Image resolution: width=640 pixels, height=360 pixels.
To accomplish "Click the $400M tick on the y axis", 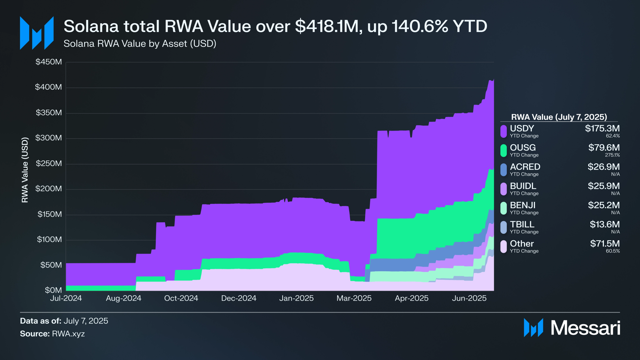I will [x=48, y=87].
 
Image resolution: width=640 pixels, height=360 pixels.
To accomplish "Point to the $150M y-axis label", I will [x=49, y=214].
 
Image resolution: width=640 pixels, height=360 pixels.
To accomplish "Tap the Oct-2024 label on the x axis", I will [x=181, y=298].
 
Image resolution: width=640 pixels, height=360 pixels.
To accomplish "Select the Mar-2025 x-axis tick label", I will [x=354, y=298].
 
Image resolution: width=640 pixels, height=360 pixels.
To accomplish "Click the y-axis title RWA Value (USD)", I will [x=25, y=170].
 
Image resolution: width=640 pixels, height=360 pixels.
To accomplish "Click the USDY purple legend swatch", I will [x=503, y=131].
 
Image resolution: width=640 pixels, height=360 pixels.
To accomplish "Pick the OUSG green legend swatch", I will [x=503, y=151].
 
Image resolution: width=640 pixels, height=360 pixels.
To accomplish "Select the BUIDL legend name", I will [x=523, y=186].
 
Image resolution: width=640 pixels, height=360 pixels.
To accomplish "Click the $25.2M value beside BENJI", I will [x=604, y=205].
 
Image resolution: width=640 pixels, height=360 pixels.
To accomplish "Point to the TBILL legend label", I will [x=522, y=224].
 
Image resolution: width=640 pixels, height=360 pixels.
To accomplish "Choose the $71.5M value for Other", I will [x=604, y=243].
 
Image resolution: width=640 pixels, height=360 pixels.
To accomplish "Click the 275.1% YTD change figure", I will [x=612, y=155].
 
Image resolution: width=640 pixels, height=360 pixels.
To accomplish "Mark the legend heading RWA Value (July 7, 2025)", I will [x=559, y=117].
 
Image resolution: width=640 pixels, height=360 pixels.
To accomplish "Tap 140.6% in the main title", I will [x=420, y=26].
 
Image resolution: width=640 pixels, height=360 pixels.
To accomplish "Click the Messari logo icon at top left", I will [x=37, y=33].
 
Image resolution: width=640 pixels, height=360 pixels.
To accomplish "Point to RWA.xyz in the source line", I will [x=68, y=334].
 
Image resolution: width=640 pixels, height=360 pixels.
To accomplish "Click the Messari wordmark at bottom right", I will [x=585, y=328].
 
